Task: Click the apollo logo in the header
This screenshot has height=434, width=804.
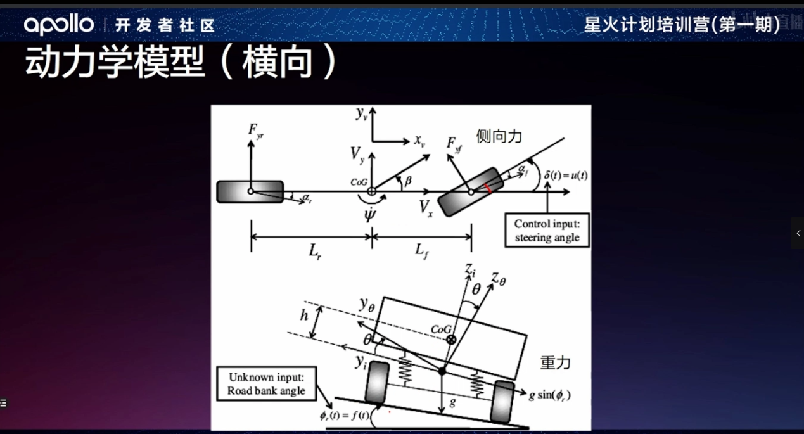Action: (x=59, y=25)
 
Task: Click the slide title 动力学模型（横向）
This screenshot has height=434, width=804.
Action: (x=181, y=63)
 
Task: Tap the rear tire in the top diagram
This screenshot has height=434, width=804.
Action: (x=250, y=191)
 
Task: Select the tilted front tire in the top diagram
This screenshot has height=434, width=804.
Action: (x=471, y=192)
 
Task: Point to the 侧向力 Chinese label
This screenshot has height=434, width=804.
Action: (x=499, y=136)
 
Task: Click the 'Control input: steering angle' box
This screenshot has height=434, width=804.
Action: (x=547, y=231)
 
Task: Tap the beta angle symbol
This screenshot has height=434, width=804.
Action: (x=408, y=181)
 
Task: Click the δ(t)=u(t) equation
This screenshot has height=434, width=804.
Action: (x=566, y=175)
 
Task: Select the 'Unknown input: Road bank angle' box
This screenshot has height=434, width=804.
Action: (x=266, y=384)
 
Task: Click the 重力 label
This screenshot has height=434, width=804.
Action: (x=555, y=363)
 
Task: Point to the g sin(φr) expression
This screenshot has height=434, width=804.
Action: (x=549, y=395)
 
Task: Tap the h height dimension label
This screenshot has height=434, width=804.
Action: (x=305, y=315)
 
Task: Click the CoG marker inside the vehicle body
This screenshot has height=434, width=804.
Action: (x=451, y=340)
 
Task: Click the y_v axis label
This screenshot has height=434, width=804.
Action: (x=361, y=113)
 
